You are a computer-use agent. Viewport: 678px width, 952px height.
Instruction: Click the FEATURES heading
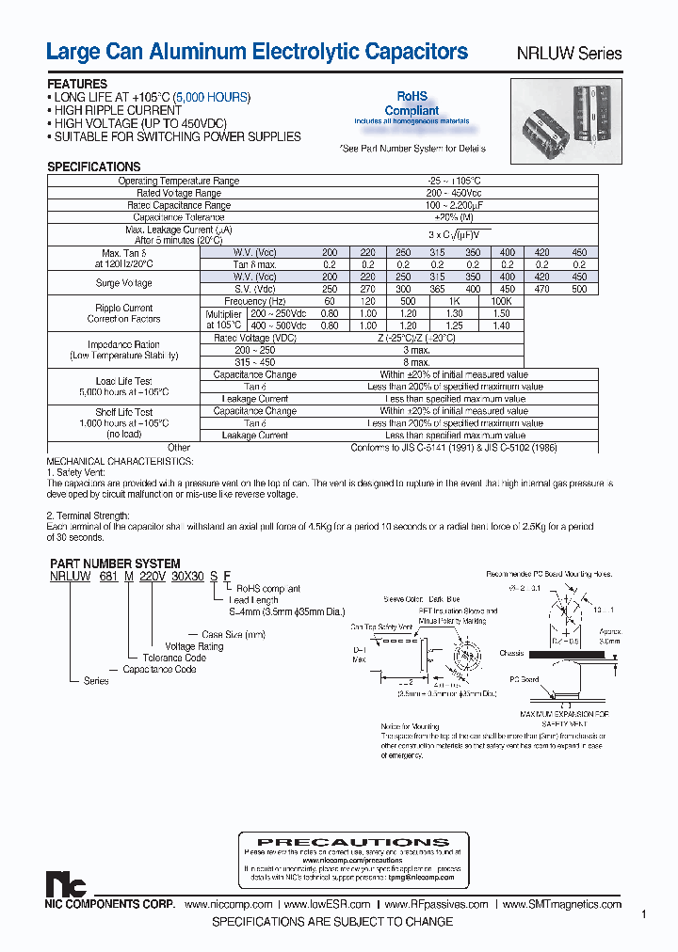[x=77, y=85]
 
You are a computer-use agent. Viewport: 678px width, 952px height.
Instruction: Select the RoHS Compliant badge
[x=412, y=103]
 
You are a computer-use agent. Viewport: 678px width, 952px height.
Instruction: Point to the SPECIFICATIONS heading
[x=94, y=167]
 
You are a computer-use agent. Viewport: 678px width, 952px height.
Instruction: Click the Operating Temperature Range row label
[x=179, y=181]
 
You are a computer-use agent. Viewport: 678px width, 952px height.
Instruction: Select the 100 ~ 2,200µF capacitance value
[x=455, y=205]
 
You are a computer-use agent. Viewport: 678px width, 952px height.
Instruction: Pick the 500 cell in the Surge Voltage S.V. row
[x=579, y=290]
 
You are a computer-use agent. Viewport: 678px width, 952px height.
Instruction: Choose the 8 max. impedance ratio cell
[x=415, y=362]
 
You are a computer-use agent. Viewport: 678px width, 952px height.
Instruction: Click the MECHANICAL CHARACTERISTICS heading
[x=120, y=461]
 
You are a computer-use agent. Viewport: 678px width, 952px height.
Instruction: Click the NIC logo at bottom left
[x=66, y=884]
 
